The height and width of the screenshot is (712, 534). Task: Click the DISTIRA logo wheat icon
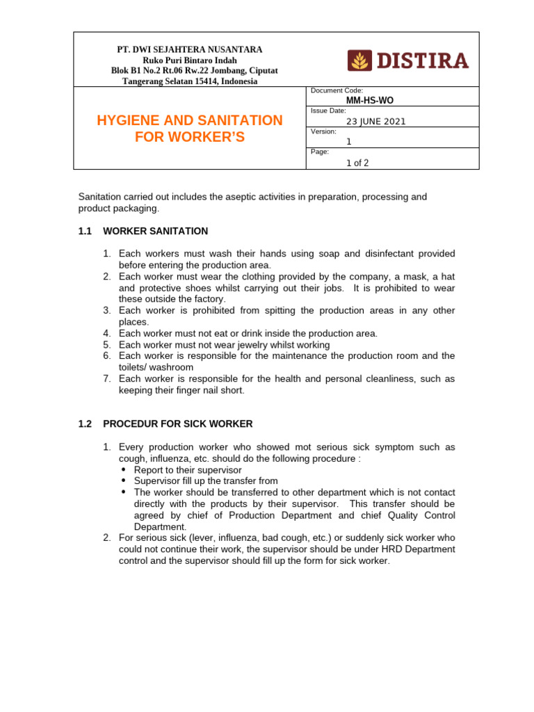(x=359, y=61)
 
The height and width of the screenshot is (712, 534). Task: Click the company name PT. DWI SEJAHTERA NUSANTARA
(x=189, y=50)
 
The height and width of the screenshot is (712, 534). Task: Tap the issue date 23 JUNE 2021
(x=376, y=121)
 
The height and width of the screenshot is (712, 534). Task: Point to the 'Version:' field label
(x=323, y=131)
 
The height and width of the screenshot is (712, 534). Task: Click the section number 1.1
(x=86, y=231)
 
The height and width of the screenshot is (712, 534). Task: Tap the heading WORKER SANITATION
(x=155, y=231)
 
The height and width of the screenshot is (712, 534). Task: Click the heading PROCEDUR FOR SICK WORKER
(x=177, y=423)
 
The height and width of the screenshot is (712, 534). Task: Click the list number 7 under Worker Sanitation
(x=107, y=379)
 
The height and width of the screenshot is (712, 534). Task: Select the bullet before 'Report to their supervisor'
(x=124, y=470)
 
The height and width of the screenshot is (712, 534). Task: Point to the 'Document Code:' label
(x=337, y=90)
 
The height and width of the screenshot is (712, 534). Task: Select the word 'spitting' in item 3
(x=256, y=311)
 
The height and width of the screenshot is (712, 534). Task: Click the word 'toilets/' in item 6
(x=136, y=367)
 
